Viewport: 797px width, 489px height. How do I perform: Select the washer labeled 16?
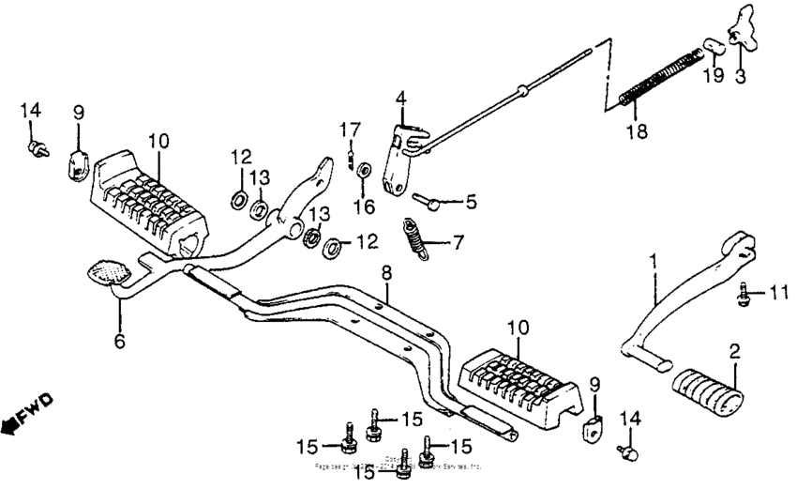[x=365, y=170]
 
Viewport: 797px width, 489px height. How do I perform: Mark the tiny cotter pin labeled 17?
[x=350, y=157]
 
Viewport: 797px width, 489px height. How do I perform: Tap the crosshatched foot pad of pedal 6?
[x=110, y=271]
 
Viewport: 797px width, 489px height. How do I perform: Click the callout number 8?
[x=384, y=273]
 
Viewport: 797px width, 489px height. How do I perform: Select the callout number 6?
[x=119, y=343]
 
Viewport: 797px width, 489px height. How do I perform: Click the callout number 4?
[x=400, y=97]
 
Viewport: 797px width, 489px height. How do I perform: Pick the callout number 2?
[x=734, y=351]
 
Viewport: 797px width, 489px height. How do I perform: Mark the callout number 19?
[x=714, y=75]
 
